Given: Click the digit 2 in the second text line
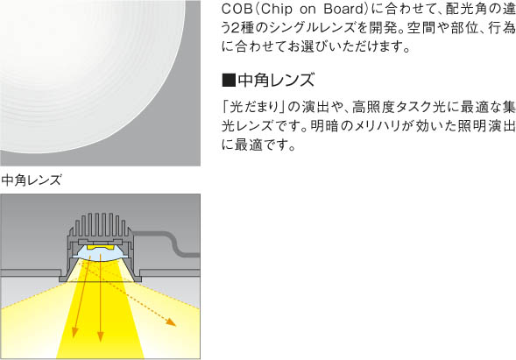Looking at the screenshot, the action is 236,28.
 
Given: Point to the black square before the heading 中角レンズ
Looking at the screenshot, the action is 229,81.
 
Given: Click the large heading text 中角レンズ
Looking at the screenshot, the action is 276,81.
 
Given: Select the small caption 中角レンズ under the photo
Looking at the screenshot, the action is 32,180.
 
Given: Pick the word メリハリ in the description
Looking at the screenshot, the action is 378,126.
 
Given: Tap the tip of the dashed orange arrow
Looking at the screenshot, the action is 176,326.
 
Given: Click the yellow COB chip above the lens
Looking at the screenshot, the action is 100,247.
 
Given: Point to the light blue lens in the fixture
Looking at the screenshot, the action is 101,254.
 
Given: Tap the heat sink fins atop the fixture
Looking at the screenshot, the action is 99,224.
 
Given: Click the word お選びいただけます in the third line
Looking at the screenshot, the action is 344,46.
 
